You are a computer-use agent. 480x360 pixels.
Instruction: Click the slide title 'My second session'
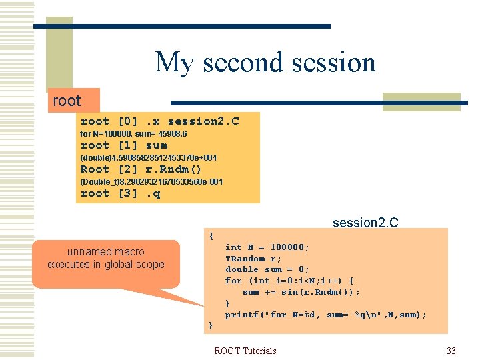pos(265,63)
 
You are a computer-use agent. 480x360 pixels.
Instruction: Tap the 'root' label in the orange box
pos(67,101)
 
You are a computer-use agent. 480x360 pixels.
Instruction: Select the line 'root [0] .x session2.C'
pos(159,121)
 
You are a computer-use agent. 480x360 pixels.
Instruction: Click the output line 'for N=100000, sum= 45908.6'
pos(133,134)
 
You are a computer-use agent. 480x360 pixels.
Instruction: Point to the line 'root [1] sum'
pos(124,145)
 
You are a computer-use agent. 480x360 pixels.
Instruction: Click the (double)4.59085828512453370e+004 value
pos(148,158)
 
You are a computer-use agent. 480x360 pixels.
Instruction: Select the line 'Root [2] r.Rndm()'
pos(141,169)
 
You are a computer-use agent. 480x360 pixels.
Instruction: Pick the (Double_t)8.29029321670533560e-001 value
pos(151,182)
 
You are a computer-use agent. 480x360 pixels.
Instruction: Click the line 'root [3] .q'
pos(121,194)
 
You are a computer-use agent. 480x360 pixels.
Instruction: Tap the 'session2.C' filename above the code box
pos(365,223)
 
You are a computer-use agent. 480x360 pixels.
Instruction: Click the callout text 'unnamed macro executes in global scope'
pos(105,258)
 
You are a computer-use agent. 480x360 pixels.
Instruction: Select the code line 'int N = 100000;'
pos(267,247)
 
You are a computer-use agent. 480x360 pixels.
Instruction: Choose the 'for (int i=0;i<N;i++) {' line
pos(289,281)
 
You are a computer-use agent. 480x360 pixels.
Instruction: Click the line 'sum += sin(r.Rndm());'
pos(301,292)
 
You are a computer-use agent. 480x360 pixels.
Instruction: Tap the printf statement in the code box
pos(326,315)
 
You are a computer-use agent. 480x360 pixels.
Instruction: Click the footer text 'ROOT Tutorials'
pos(245,351)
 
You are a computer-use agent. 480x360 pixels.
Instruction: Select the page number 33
pos(451,351)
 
